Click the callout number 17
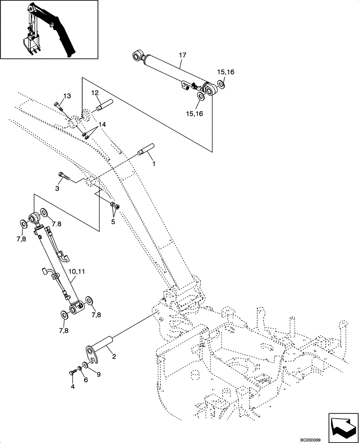[183, 55]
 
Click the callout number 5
[113, 221]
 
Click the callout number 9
[98, 374]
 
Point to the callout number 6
[86, 380]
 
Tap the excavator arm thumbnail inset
[49, 30]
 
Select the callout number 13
[67, 96]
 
